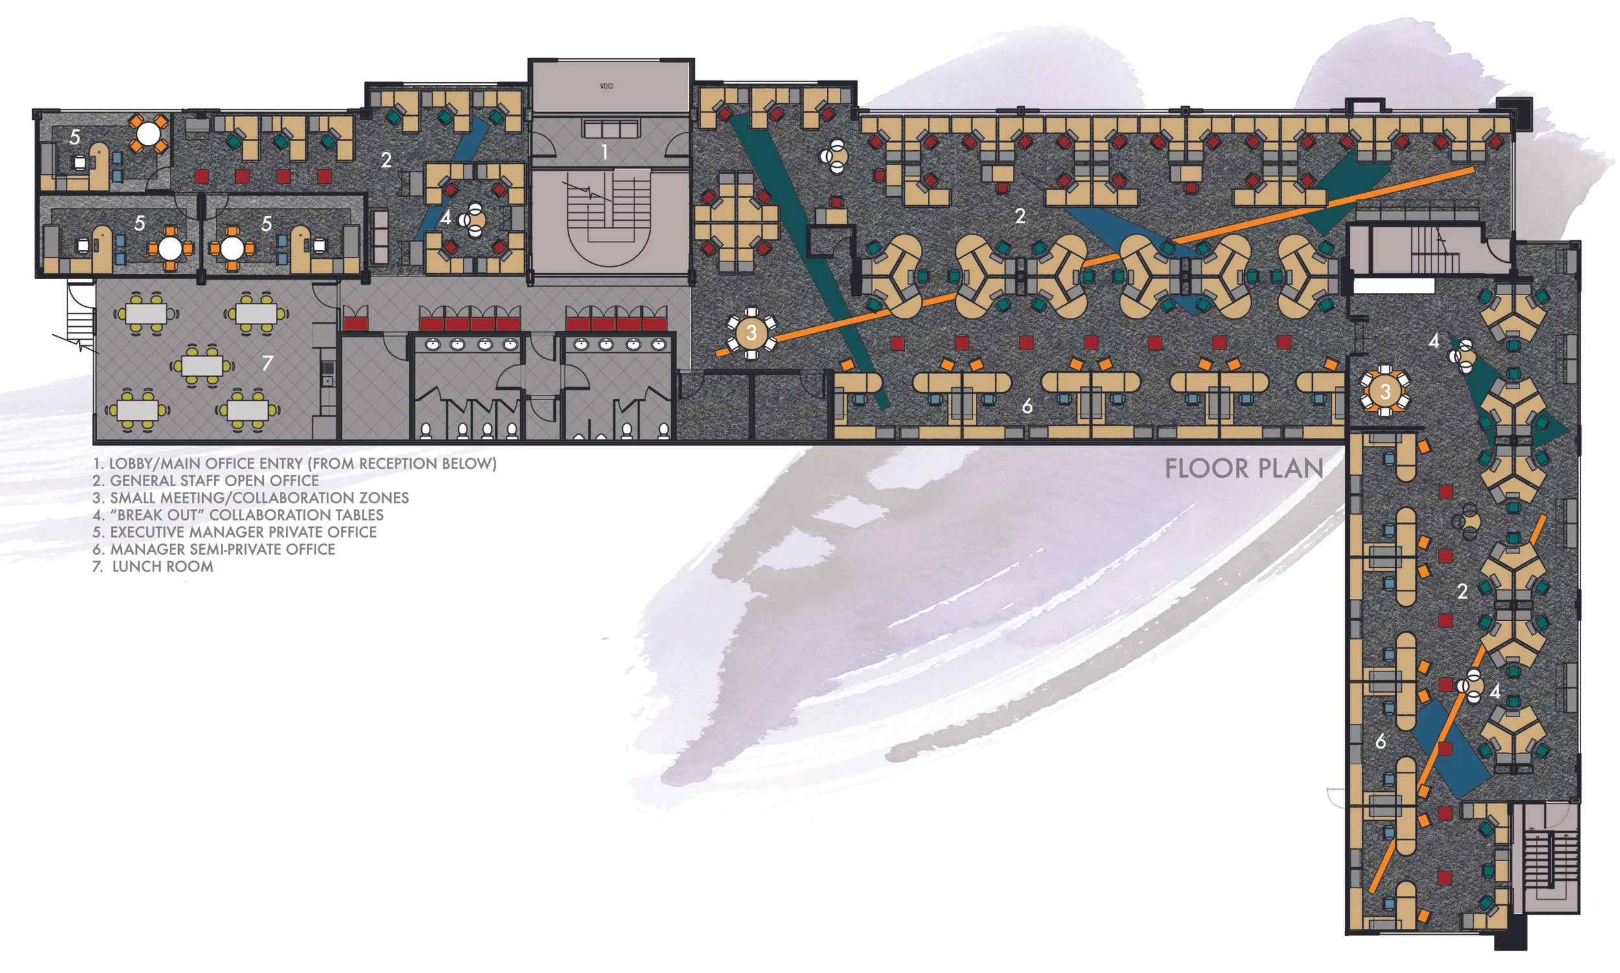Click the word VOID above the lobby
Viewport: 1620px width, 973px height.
coord(606,86)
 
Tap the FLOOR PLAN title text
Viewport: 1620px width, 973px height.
coord(1244,468)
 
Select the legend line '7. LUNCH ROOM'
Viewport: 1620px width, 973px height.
coord(153,566)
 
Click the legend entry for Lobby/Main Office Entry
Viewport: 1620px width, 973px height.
coord(294,464)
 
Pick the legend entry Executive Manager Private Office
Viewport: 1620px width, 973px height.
coord(234,531)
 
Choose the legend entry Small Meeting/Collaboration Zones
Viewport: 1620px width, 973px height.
coord(250,498)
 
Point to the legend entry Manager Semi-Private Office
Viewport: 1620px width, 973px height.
coord(214,550)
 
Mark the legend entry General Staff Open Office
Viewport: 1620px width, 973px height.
coord(205,480)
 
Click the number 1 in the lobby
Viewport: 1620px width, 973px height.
coord(605,153)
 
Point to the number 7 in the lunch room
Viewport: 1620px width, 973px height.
coord(266,363)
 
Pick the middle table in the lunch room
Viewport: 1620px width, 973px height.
coord(202,365)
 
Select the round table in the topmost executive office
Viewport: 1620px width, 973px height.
coord(148,134)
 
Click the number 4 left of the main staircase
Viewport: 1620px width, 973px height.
coord(446,217)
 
